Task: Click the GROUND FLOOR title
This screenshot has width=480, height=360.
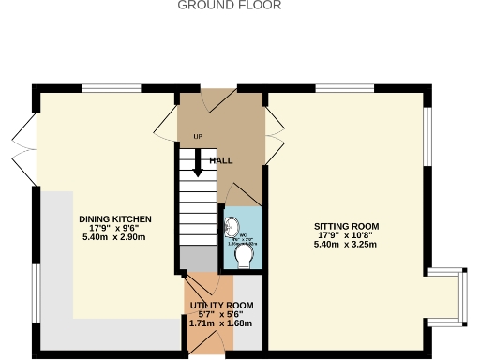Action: pos(229,6)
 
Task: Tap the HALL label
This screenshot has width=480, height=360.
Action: pos(221,160)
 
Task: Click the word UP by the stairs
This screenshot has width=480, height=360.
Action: pos(197,137)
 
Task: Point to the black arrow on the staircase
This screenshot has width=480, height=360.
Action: pos(197,165)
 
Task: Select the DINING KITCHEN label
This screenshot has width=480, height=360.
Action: pos(114,218)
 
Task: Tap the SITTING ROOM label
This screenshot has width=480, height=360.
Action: pos(346,226)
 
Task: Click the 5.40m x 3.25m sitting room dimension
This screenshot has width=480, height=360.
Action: pos(346,245)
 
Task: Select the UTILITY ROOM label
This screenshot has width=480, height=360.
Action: pos(221,306)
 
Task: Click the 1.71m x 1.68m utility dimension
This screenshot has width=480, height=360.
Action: pos(221,323)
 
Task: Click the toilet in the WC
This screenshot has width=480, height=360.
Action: pos(246,256)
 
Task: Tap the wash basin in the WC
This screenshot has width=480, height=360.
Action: pos(230,226)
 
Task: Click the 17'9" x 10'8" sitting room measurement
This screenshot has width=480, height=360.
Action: pos(346,235)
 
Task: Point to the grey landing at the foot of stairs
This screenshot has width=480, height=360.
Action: pos(197,256)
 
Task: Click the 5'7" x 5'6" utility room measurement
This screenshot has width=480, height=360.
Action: pos(221,315)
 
